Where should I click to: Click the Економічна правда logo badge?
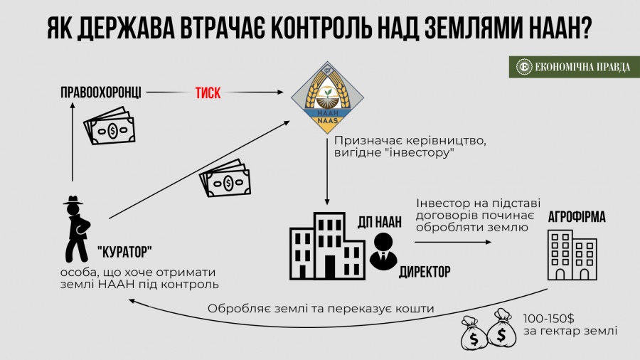point(574,67)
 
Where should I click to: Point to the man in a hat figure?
point(78,230)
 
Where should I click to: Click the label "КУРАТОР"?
point(125,251)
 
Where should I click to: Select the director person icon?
point(385,251)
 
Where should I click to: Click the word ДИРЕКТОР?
point(425,272)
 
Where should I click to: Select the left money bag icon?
point(473,331)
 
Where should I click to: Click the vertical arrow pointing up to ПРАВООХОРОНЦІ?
point(73,142)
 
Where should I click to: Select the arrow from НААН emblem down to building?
point(328,174)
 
